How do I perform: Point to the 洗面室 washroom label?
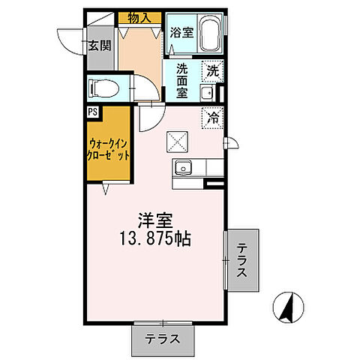tap(182, 79)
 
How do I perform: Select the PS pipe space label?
tap(92, 112)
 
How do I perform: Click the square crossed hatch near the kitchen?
tap(177, 140)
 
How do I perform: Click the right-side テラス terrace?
tap(243, 260)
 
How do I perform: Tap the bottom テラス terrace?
tap(163, 338)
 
